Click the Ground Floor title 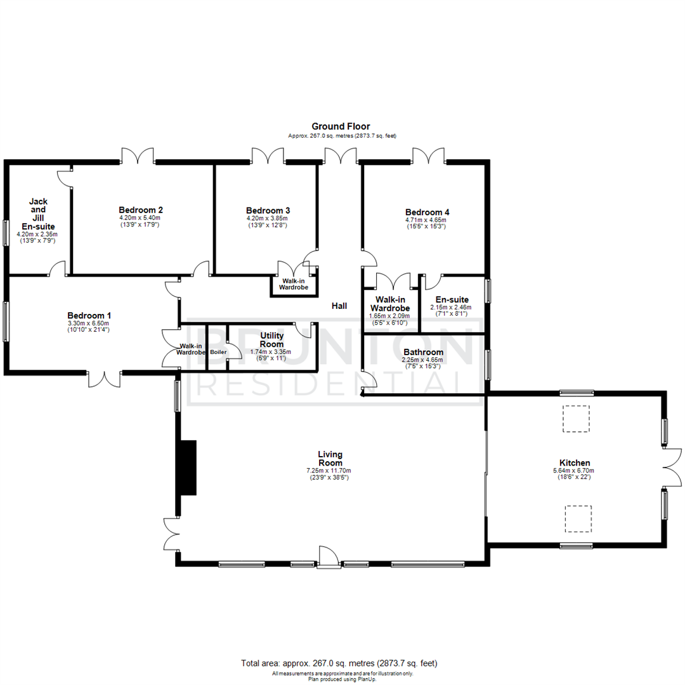(341, 126)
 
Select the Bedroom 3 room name (268, 210)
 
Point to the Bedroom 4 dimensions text (427, 223)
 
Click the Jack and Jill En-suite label (38, 214)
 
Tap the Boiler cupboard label (218, 351)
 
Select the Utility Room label (271, 339)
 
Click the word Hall (339, 306)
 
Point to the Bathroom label (423, 352)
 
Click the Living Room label (330, 458)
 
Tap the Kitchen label (574, 463)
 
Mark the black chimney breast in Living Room (188, 467)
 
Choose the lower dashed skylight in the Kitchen (578, 518)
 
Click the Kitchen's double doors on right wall (672, 469)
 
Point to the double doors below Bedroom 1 (104, 378)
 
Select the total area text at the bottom (339, 663)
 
